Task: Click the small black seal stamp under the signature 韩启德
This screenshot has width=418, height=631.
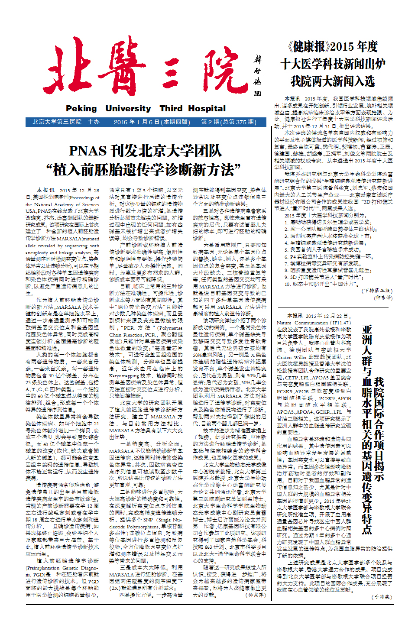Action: [257, 93]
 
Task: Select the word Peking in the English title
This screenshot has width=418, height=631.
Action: [81, 109]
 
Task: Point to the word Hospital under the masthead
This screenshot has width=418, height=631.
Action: [207, 109]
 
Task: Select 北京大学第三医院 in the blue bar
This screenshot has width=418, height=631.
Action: [57, 122]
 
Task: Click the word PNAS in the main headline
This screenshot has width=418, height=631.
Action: [87, 151]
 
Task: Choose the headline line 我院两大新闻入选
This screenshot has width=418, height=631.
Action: [333, 81]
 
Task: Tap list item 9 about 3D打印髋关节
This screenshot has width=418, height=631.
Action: [324, 277]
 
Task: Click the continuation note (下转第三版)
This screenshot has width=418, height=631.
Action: [377, 291]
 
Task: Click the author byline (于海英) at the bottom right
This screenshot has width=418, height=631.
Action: [382, 597]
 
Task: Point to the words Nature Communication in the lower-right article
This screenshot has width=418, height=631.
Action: [302, 323]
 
